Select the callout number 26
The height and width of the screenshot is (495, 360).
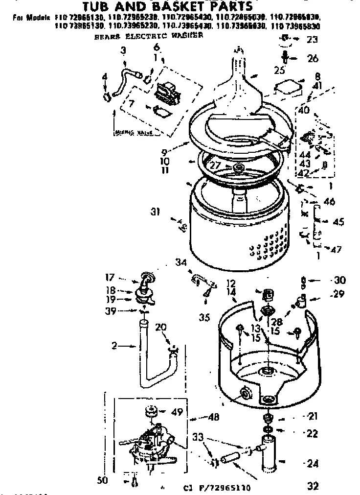pos(312,58)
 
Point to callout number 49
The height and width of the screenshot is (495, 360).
pos(177,412)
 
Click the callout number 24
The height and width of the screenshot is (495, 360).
pos(312,462)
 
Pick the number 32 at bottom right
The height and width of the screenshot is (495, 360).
pos(313,486)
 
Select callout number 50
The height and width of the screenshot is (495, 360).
pos(102,481)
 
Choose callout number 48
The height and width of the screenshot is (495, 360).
pos(213,417)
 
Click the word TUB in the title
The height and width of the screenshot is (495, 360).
pos(98,6)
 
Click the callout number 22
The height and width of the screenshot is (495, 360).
pos(313,433)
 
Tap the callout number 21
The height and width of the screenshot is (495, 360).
pos(313,417)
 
